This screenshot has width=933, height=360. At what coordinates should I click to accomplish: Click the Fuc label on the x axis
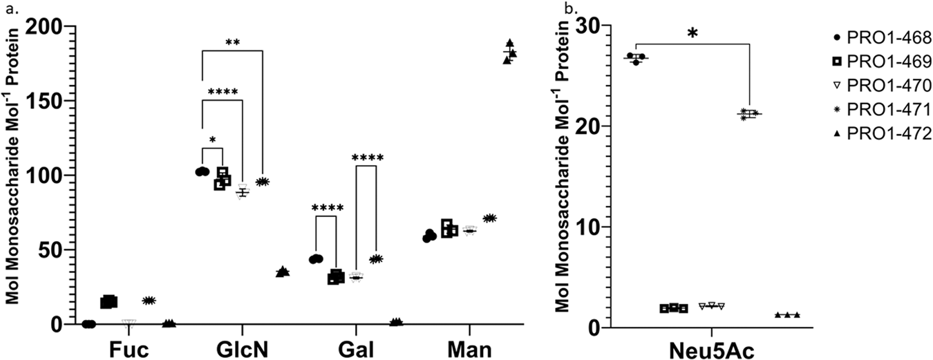click(x=129, y=349)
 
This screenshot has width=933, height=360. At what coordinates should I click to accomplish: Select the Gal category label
click(x=356, y=349)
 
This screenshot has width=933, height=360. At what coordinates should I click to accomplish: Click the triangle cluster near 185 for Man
click(x=509, y=52)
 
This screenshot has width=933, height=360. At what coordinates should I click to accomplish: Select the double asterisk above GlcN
click(x=232, y=42)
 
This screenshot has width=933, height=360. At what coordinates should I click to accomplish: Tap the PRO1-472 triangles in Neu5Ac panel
click(x=787, y=315)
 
